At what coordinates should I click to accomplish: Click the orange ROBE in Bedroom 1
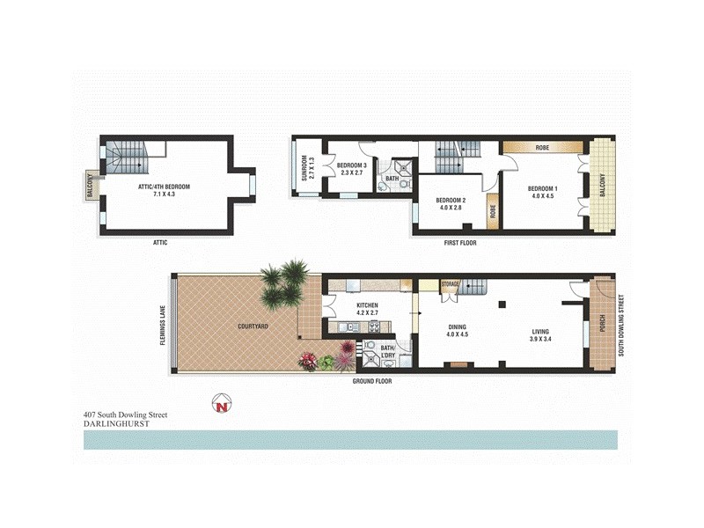[542, 148]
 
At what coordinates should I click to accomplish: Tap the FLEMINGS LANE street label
[164, 326]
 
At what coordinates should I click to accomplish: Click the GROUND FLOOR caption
[372, 382]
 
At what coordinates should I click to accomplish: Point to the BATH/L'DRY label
[388, 351]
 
